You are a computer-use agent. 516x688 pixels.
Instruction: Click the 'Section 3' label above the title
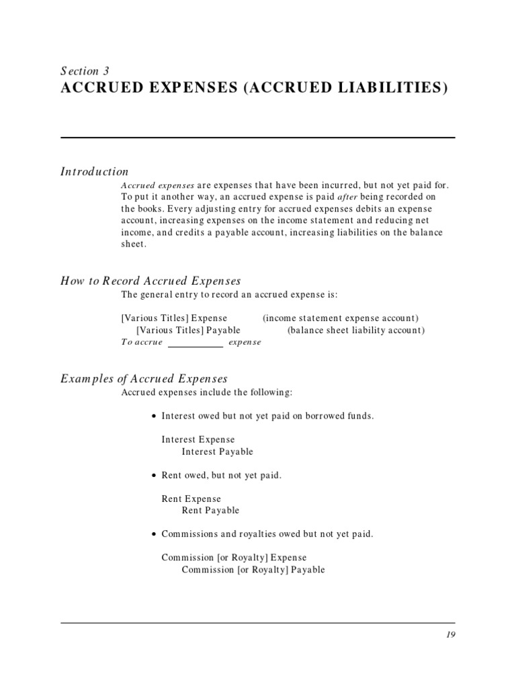85,71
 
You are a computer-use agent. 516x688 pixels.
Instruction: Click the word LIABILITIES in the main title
390,88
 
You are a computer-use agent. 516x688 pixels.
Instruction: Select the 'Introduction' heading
94,171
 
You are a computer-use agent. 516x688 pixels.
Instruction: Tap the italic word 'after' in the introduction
349,196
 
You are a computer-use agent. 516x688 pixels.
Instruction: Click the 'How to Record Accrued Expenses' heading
150,281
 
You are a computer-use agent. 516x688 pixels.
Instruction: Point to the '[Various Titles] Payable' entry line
188,330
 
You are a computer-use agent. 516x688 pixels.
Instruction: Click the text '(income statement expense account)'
341,318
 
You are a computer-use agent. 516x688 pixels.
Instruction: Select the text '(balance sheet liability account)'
356,330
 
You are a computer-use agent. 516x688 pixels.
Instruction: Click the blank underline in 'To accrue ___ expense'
195,345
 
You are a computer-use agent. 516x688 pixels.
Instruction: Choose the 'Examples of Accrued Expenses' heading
144,379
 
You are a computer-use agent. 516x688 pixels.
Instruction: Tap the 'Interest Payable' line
217,451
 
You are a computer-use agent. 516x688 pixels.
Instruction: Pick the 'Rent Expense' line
191,499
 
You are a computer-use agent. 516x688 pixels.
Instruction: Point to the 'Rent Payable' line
210,511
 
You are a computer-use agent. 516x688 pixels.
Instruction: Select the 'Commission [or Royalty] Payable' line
253,570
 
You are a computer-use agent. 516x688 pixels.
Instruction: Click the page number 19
449,635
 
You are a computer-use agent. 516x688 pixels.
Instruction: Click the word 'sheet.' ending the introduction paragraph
133,245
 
